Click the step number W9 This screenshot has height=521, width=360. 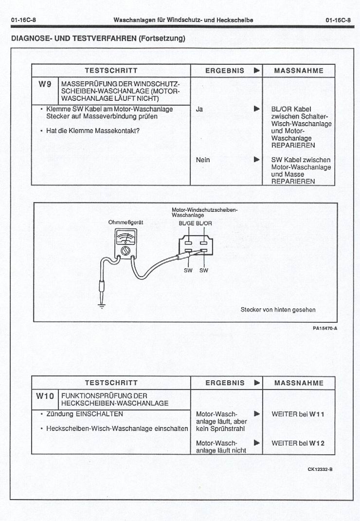coord(45,84)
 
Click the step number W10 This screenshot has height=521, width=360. coord(45,396)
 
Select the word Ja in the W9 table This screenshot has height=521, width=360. coord(199,109)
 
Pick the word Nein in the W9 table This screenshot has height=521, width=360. coord(203,160)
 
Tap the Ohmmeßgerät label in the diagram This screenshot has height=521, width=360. coord(126,222)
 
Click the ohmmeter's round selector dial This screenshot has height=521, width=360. coord(126,250)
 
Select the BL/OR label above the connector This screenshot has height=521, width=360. coord(204,223)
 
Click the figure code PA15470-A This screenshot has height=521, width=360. coord(325,328)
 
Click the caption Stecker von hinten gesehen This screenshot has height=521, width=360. coord(278,309)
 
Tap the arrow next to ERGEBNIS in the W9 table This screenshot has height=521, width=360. coord(256,71)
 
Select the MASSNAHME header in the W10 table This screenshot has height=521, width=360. coord(299,383)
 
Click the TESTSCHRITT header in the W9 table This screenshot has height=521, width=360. coord(111,71)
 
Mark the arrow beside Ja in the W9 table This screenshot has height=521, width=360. coord(256,109)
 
